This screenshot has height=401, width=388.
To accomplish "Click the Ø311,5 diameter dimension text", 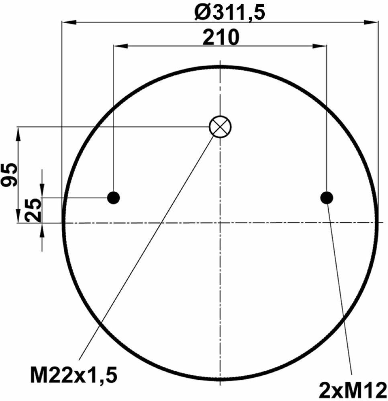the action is click(230, 13).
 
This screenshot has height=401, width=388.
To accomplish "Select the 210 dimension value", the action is click(221, 37).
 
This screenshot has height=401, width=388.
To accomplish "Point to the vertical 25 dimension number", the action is click(33, 211).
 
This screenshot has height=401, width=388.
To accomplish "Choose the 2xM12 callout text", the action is click(353, 390).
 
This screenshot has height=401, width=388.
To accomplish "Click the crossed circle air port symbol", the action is click(220, 127).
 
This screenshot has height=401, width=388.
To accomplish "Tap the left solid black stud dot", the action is click(113, 197).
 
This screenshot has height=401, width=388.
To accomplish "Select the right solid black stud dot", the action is click(327, 198).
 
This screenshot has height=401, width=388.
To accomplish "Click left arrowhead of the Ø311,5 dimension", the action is click(69, 22).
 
